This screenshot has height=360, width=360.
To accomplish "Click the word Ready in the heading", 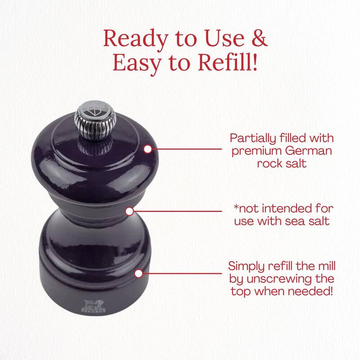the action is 135,39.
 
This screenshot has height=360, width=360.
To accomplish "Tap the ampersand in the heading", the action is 260,38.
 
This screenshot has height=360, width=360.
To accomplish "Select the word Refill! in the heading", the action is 227,63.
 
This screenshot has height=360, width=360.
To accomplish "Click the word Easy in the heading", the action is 137,63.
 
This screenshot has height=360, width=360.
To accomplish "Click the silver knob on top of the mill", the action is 95,120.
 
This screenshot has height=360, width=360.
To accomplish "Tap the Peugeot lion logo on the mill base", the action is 94,306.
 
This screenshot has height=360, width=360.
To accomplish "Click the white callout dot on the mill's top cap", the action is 148,149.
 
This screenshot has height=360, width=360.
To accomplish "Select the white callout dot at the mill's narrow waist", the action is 130,211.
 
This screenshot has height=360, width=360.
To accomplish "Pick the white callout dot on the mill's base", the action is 139,274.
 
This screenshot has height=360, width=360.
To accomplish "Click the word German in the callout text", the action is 309,151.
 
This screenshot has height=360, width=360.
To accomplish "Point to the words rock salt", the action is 282,164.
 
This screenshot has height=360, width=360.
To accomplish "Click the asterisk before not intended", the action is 236,207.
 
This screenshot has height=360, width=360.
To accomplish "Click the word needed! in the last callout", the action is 310,292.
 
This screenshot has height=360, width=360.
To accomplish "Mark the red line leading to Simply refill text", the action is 182,274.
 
